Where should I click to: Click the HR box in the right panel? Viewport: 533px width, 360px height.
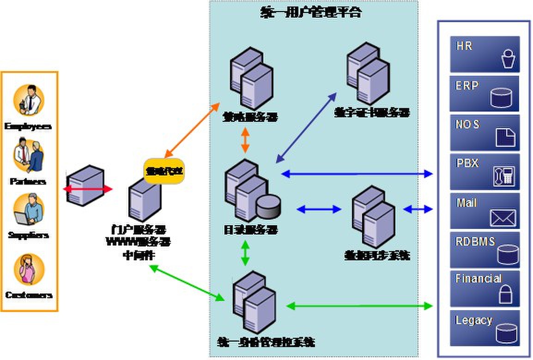[485, 54]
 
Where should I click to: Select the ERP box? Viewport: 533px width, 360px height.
[485, 94]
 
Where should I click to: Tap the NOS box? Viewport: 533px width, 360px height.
[485, 133]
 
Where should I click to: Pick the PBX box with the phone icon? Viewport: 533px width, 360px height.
[485, 172]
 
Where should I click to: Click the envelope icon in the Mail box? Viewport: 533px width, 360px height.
[503, 218]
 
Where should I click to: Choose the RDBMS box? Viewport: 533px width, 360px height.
[485, 250]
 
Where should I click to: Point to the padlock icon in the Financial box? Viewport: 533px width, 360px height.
[506, 294]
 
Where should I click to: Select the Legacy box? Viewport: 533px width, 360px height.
[485, 328]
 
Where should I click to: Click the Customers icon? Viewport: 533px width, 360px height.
[29, 270]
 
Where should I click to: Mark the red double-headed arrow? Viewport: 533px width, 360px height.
[88, 189]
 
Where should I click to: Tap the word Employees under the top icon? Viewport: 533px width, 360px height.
[29, 126]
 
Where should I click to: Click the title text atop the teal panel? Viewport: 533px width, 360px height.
[310, 12]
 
